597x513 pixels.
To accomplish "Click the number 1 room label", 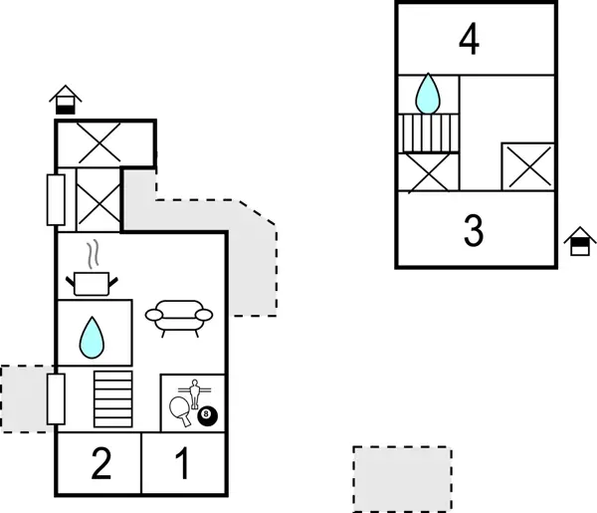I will pyautogui.click(x=182, y=464).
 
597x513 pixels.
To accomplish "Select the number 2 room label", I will pyautogui.click(x=99, y=464).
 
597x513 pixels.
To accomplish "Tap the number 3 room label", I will pyautogui.click(x=474, y=230).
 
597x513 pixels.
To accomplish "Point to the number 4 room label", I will pyautogui.click(x=470, y=41).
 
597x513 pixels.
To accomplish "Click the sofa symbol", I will pyautogui.click(x=179, y=316).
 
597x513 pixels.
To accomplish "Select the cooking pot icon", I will pyautogui.click(x=92, y=283).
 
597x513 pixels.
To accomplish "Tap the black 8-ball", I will pyautogui.click(x=207, y=415).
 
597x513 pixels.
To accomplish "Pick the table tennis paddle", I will pyautogui.click(x=181, y=409).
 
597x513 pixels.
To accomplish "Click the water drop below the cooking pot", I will pyautogui.click(x=92, y=338).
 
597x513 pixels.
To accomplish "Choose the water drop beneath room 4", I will pyautogui.click(x=428, y=94).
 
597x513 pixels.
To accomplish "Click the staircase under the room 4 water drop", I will pyautogui.click(x=428, y=131).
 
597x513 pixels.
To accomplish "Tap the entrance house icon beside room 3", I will pyautogui.click(x=579, y=241).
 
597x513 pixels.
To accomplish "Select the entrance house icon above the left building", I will pyautogui.click(x=66, y=100).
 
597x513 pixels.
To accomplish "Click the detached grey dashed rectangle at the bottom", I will pyautogui.click(x=402, y=478).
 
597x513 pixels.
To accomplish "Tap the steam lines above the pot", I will pyautogui.click(x=93, y=253).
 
